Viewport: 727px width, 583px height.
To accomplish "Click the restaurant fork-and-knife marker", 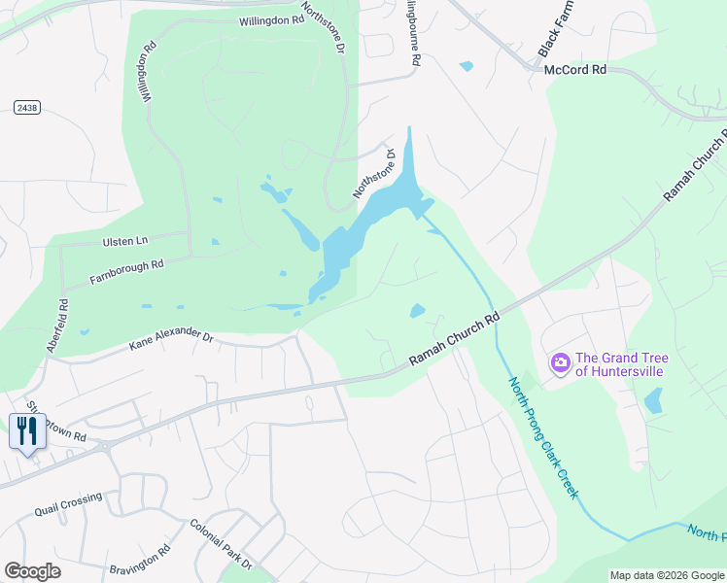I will [x=27, y=430].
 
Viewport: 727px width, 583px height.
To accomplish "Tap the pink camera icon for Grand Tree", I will [x=560, y=363].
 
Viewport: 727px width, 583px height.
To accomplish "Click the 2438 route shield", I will [x=26, y=107].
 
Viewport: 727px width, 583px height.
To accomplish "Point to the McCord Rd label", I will [x=574, y=70].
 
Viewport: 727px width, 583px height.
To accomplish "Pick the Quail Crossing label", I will [x=68, y=503].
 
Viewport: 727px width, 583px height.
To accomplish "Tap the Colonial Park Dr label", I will [x=221, y=544].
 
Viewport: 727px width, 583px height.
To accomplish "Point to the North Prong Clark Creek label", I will [x=544, y=437].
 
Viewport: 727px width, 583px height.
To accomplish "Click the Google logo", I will [x=32, y=571].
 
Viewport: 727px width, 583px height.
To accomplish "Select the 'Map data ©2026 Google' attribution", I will [x=667, y=575].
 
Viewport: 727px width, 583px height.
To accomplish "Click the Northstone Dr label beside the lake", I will [x=375, y=173].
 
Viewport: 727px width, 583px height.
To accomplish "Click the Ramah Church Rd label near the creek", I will [x=454, y=339].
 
